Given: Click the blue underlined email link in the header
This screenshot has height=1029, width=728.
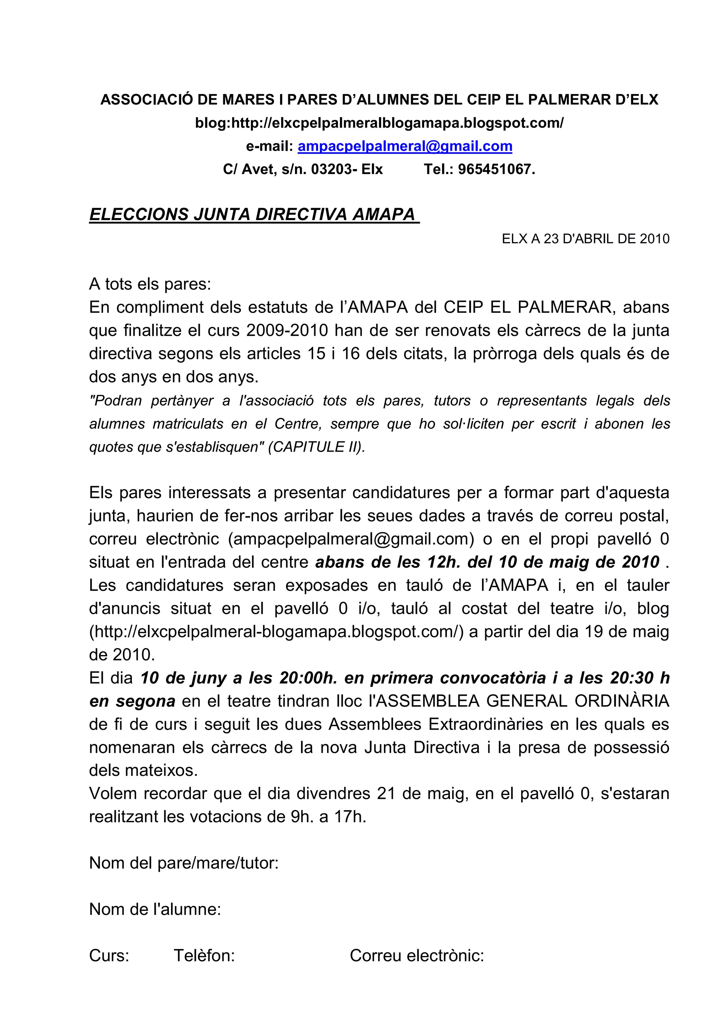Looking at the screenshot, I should tap(405, 146).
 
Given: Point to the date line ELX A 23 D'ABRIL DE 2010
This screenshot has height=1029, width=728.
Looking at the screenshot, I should tap(585, 239).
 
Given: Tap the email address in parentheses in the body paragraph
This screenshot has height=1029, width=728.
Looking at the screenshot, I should tap(351, 539).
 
